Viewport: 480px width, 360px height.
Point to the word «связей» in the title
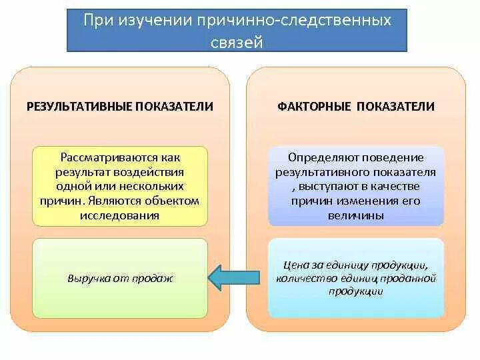tap(238, 42)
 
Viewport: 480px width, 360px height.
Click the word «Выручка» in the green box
tap(86, 278)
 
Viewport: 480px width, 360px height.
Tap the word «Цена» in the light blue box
tap(297, 265)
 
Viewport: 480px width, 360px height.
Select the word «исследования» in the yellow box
tap(120, 215)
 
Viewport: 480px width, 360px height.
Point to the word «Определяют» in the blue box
tap(317, 158)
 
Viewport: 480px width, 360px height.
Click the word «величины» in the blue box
tap(355, 215)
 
